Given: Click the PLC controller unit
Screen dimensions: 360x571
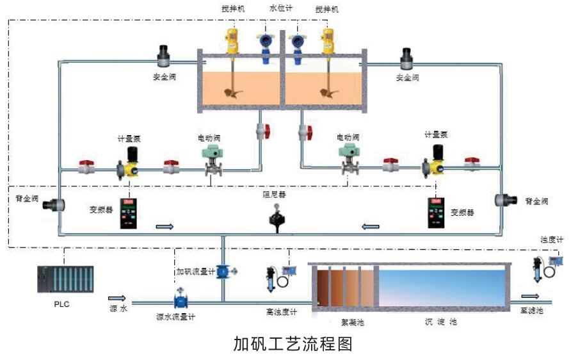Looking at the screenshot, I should pyautogui.click(x=65, y=280).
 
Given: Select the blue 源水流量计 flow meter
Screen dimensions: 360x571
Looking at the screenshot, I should pyautogui.click(x=180, y=299).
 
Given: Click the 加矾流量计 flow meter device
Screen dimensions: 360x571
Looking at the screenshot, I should pyautogui.click(x=225, y=271).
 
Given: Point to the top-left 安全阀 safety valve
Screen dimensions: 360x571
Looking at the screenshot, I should pyautogui.click(x=165, y=56).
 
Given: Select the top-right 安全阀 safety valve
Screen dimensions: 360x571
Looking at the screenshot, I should pyautogui.click(x=407, y=58).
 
